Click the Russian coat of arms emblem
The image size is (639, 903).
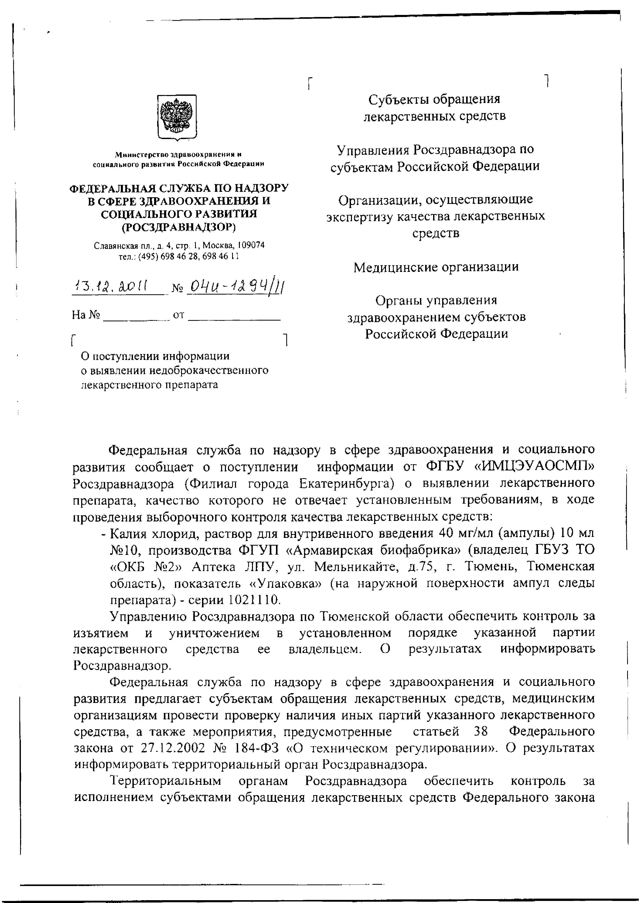[177, 117]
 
